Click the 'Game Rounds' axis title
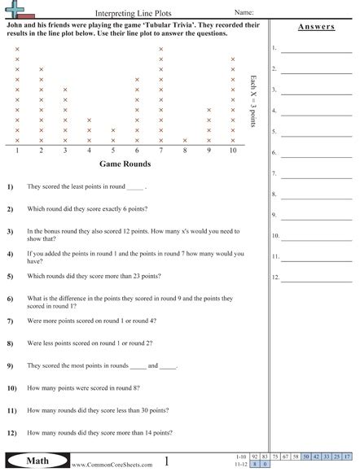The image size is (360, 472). pos(126,163)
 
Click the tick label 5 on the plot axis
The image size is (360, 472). pos(113,151)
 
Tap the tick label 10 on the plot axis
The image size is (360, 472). pos(233,151)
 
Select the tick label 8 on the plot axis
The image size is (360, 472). pos(185,151)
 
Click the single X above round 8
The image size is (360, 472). pos(185,140)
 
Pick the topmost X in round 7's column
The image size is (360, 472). pos(161,50)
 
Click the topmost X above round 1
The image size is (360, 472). pos(17,50)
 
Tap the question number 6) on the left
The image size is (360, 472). pos(11,299)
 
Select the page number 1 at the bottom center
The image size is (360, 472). pos(167,461)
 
